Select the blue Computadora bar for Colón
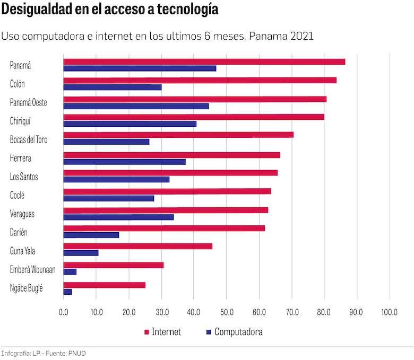tap(113, 87)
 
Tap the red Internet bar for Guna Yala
tap(138, 246)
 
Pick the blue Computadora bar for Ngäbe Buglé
tap(67, 292)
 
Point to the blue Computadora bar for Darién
tap(91, 235)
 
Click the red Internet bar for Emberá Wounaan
tap(114, 265)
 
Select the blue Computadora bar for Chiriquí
tap(130, 124)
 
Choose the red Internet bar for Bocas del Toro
tap(178, 135)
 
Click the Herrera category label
tap(21, 159)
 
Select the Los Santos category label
tap(24, 177)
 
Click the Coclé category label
tap(18, 195)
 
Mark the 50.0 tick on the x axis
tap(227, 312)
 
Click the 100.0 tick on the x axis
tap(389, 312)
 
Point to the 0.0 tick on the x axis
tap(64, 312)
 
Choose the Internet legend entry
tap(166, 332)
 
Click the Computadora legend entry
tap(238, 332)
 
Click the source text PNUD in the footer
tap(77, 353)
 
